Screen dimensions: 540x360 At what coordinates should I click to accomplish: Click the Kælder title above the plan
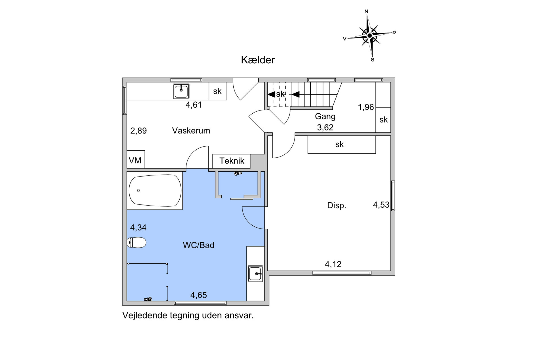(x=258, y=60)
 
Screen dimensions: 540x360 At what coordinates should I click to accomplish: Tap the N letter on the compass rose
(x=366, y=12)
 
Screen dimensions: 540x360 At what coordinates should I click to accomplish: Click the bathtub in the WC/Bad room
(x=155, y=190)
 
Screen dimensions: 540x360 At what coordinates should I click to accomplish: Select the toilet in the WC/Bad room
(x=136, y=242)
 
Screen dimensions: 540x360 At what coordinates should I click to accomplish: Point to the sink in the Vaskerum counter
(x=181, y=91)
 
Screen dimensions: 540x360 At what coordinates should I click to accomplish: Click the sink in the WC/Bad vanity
(x=256, y=274)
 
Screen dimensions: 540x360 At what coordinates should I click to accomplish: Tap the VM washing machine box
(x=136, y=159)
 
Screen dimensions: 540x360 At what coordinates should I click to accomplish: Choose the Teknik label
(x=232, y=161)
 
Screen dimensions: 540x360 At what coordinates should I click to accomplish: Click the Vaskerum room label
(x=191, y=131)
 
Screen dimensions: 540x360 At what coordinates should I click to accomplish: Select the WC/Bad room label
(x=198, y=245)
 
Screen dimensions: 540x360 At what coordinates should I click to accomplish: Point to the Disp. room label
(x=337, y=205)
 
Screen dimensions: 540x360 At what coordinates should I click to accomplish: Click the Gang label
(x=325, y=116)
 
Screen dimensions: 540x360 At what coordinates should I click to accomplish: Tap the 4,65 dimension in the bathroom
(x=199, y=295)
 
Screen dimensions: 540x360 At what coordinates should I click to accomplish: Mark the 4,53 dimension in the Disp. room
(x=381, y=205)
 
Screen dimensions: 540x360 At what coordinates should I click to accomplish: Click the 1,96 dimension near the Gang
(x=366, y=107)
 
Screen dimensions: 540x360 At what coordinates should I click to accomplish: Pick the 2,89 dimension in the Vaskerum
(x=138, y=131)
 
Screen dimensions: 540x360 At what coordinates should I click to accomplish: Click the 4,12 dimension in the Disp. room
(x=333, y=264)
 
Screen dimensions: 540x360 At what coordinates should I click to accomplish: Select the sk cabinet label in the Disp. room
(x=339, y=144)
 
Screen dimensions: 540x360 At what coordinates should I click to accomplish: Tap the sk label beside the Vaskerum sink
(x=217, y=91)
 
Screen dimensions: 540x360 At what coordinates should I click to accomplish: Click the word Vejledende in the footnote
(x=145, y=315)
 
